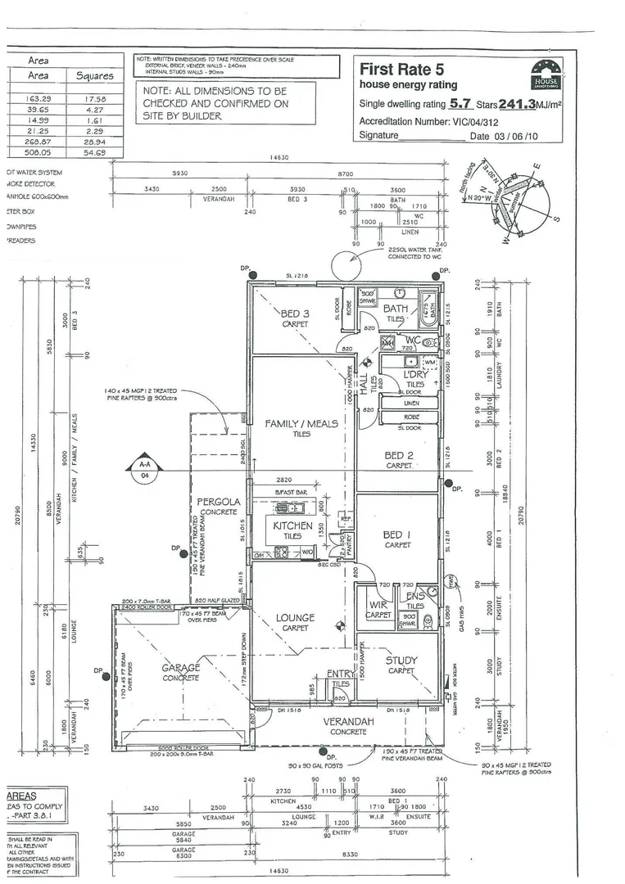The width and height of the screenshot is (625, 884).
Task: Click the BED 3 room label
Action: pyautogui.click(x=295, y=313)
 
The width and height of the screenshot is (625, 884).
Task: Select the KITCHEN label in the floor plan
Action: pyautogui.click(x=292, y=525)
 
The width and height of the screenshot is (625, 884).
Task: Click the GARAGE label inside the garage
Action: pyautogui.click(x=181, y=668)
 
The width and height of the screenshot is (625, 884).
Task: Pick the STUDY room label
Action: pyautogui.click(x=401, y=660)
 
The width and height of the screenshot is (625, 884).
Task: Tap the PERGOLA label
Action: pyautogui.click(x=218, y=501)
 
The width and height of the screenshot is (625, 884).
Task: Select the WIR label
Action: pyautogui.click(x=378, y=606)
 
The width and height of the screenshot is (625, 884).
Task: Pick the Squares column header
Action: pyautogui.click(x=94, y=75)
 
